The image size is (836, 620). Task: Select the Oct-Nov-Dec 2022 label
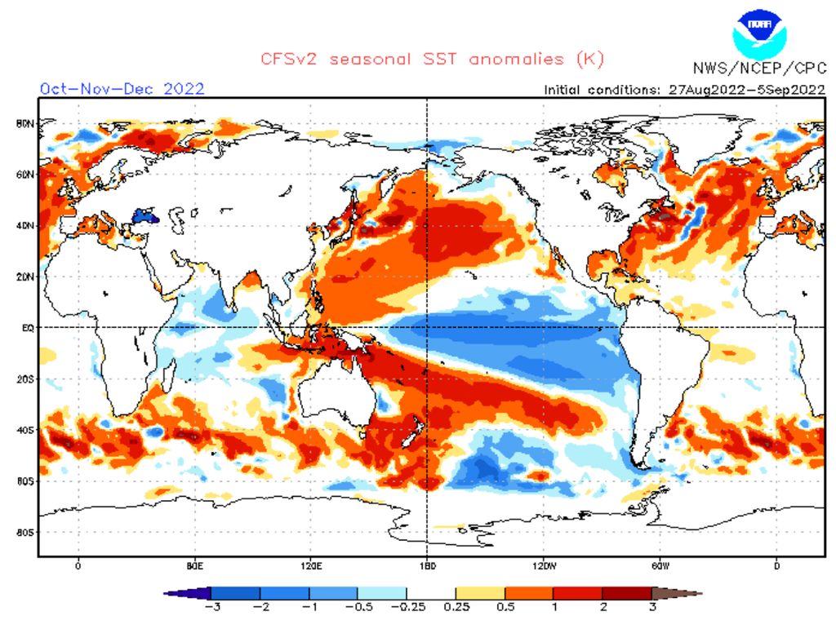point(122,88)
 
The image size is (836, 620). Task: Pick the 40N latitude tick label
point(24,225)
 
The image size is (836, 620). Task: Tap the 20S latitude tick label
point(24,379)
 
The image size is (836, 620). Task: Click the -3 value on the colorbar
point(211,607)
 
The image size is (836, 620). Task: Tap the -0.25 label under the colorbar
point(407,607)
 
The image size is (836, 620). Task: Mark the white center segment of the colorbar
point(431,593)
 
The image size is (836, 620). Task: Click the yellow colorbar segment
point(480,593)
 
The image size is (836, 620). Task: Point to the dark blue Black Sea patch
point(144,217)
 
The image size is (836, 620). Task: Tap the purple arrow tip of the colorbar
point(170,593)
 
